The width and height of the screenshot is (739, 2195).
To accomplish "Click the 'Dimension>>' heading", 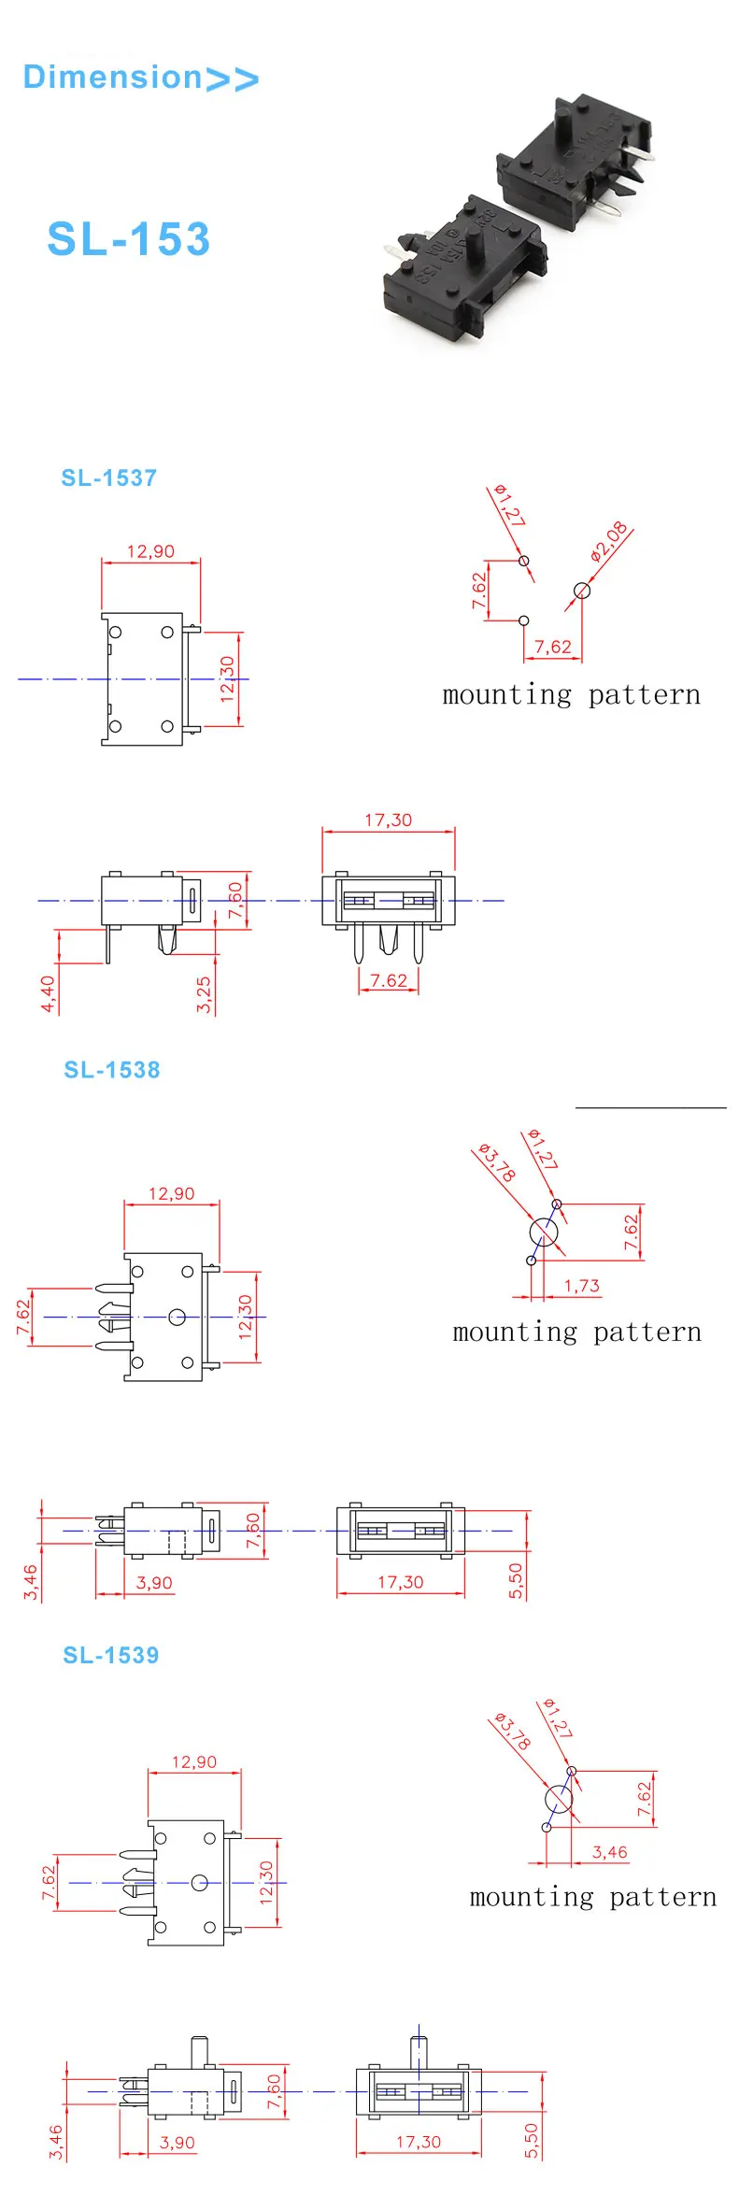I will [x=140, y=78].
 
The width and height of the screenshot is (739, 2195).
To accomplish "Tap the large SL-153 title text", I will [x=129, y=239].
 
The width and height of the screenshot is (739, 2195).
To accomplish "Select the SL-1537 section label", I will [x=108, y=478].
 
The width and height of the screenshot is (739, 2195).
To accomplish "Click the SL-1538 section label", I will [x=111, y=1070].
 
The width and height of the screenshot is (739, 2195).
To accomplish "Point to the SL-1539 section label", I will [x=110, y=1655].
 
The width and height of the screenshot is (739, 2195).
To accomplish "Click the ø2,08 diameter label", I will [x=609, y=542].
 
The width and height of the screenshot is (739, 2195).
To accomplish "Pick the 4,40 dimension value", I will [x=48, y=994].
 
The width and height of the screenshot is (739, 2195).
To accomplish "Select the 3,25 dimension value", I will [x=204, y=994].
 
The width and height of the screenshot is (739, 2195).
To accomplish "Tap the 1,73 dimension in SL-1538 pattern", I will [x=581, y=1286].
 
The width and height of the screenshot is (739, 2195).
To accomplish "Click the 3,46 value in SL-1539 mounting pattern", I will [x=609, y=1852].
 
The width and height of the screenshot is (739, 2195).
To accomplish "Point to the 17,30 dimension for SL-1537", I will [x=388, y=820].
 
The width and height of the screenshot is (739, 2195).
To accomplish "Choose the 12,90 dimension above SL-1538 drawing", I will [x=171, y=1193].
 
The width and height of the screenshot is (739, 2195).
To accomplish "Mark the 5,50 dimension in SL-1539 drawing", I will [x=531, y=2141].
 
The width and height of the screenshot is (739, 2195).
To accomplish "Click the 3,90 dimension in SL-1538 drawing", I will [x=154, y=1583].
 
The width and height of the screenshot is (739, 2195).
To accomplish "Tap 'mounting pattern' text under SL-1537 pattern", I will [x=571, y=695].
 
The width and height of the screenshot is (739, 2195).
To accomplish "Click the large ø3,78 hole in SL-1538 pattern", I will [x=544, y=1233].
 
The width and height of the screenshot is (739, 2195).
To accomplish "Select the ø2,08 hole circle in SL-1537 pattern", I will [x=582, y=591].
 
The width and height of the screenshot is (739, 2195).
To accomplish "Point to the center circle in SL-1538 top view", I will [x=177, y=1318].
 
